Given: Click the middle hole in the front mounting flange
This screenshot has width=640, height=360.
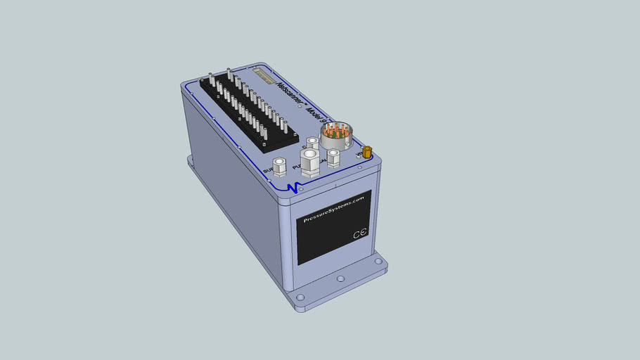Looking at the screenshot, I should [340, 279].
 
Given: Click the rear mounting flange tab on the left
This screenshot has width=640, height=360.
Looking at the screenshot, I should [191, 161].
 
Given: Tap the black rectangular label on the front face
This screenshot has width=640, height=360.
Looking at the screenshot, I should [333, 227].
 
